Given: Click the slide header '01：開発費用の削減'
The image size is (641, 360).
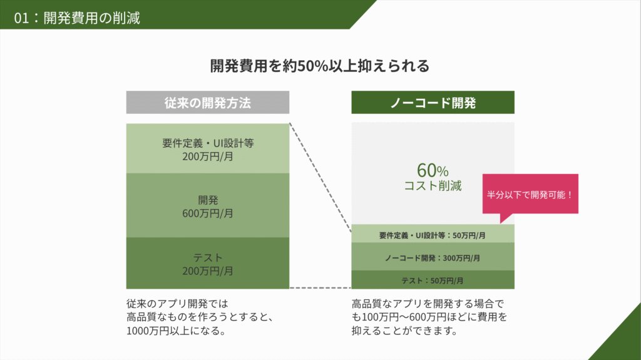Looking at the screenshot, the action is (77, 18).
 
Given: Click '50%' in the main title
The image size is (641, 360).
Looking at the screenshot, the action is (313, 66).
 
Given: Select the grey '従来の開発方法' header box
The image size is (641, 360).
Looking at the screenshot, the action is (208, 102).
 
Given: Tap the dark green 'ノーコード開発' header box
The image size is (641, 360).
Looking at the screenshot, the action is (433, 102).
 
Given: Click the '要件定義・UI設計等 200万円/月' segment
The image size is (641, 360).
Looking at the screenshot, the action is (208, 148).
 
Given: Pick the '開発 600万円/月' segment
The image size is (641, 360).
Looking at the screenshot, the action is (208, 205).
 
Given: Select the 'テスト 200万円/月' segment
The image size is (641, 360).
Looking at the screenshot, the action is (208, 264).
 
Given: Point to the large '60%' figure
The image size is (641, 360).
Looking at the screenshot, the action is (433, 170).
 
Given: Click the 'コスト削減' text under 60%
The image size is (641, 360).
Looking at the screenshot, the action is (433, 186).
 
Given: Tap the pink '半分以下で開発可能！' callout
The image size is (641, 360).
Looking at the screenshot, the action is (530, 194).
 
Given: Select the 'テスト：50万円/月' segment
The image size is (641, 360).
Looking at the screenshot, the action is (433, 280).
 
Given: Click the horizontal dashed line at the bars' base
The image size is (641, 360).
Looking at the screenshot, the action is (320, 288).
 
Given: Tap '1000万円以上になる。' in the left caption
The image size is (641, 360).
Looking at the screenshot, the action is (176, 331).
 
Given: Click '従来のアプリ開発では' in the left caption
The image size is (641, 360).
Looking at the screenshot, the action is (177, 304).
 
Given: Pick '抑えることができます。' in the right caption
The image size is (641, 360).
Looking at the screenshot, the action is (405, 331).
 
